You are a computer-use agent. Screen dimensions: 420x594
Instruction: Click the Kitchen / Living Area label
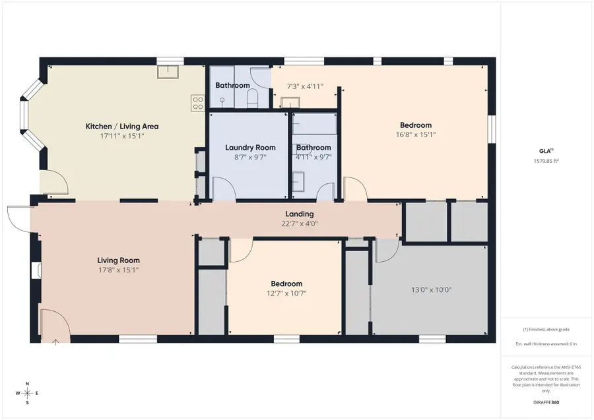coord(122,127)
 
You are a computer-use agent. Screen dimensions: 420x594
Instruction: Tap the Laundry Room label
coord(250,148)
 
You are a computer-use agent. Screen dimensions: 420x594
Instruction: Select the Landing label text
coord(299,214)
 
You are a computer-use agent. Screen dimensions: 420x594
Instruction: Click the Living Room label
coord(119,260)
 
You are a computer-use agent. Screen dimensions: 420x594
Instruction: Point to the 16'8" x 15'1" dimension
coord(416,135)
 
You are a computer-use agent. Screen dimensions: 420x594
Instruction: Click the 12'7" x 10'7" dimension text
coord(286,293)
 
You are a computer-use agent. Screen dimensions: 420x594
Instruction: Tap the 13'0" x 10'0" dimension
coord(431,289)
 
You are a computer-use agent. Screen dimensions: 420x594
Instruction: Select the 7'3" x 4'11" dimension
coord(304,86)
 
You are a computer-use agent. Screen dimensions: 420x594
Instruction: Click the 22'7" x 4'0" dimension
coord(299,224)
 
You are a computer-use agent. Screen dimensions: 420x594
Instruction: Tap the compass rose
coord(27,393)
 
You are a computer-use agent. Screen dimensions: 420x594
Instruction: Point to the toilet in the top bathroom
coord(251,98)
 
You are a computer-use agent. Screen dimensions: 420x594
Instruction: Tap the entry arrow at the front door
coord(56,341)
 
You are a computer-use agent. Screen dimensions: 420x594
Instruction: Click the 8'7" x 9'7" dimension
coord(250,157)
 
